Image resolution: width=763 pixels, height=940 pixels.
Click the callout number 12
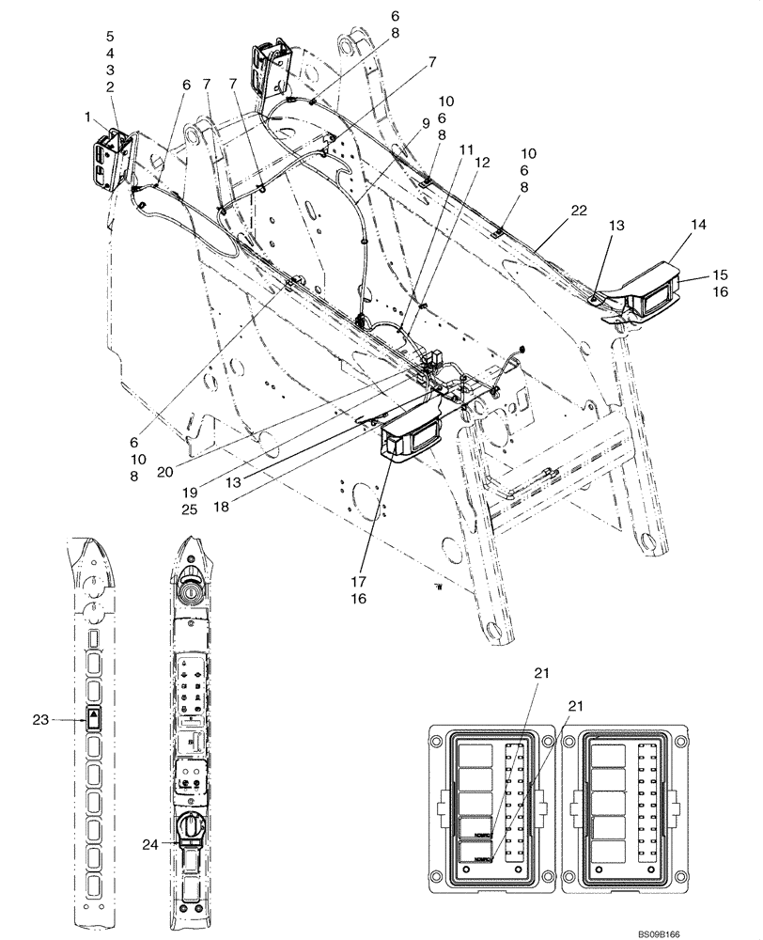[x=484, y=161]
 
